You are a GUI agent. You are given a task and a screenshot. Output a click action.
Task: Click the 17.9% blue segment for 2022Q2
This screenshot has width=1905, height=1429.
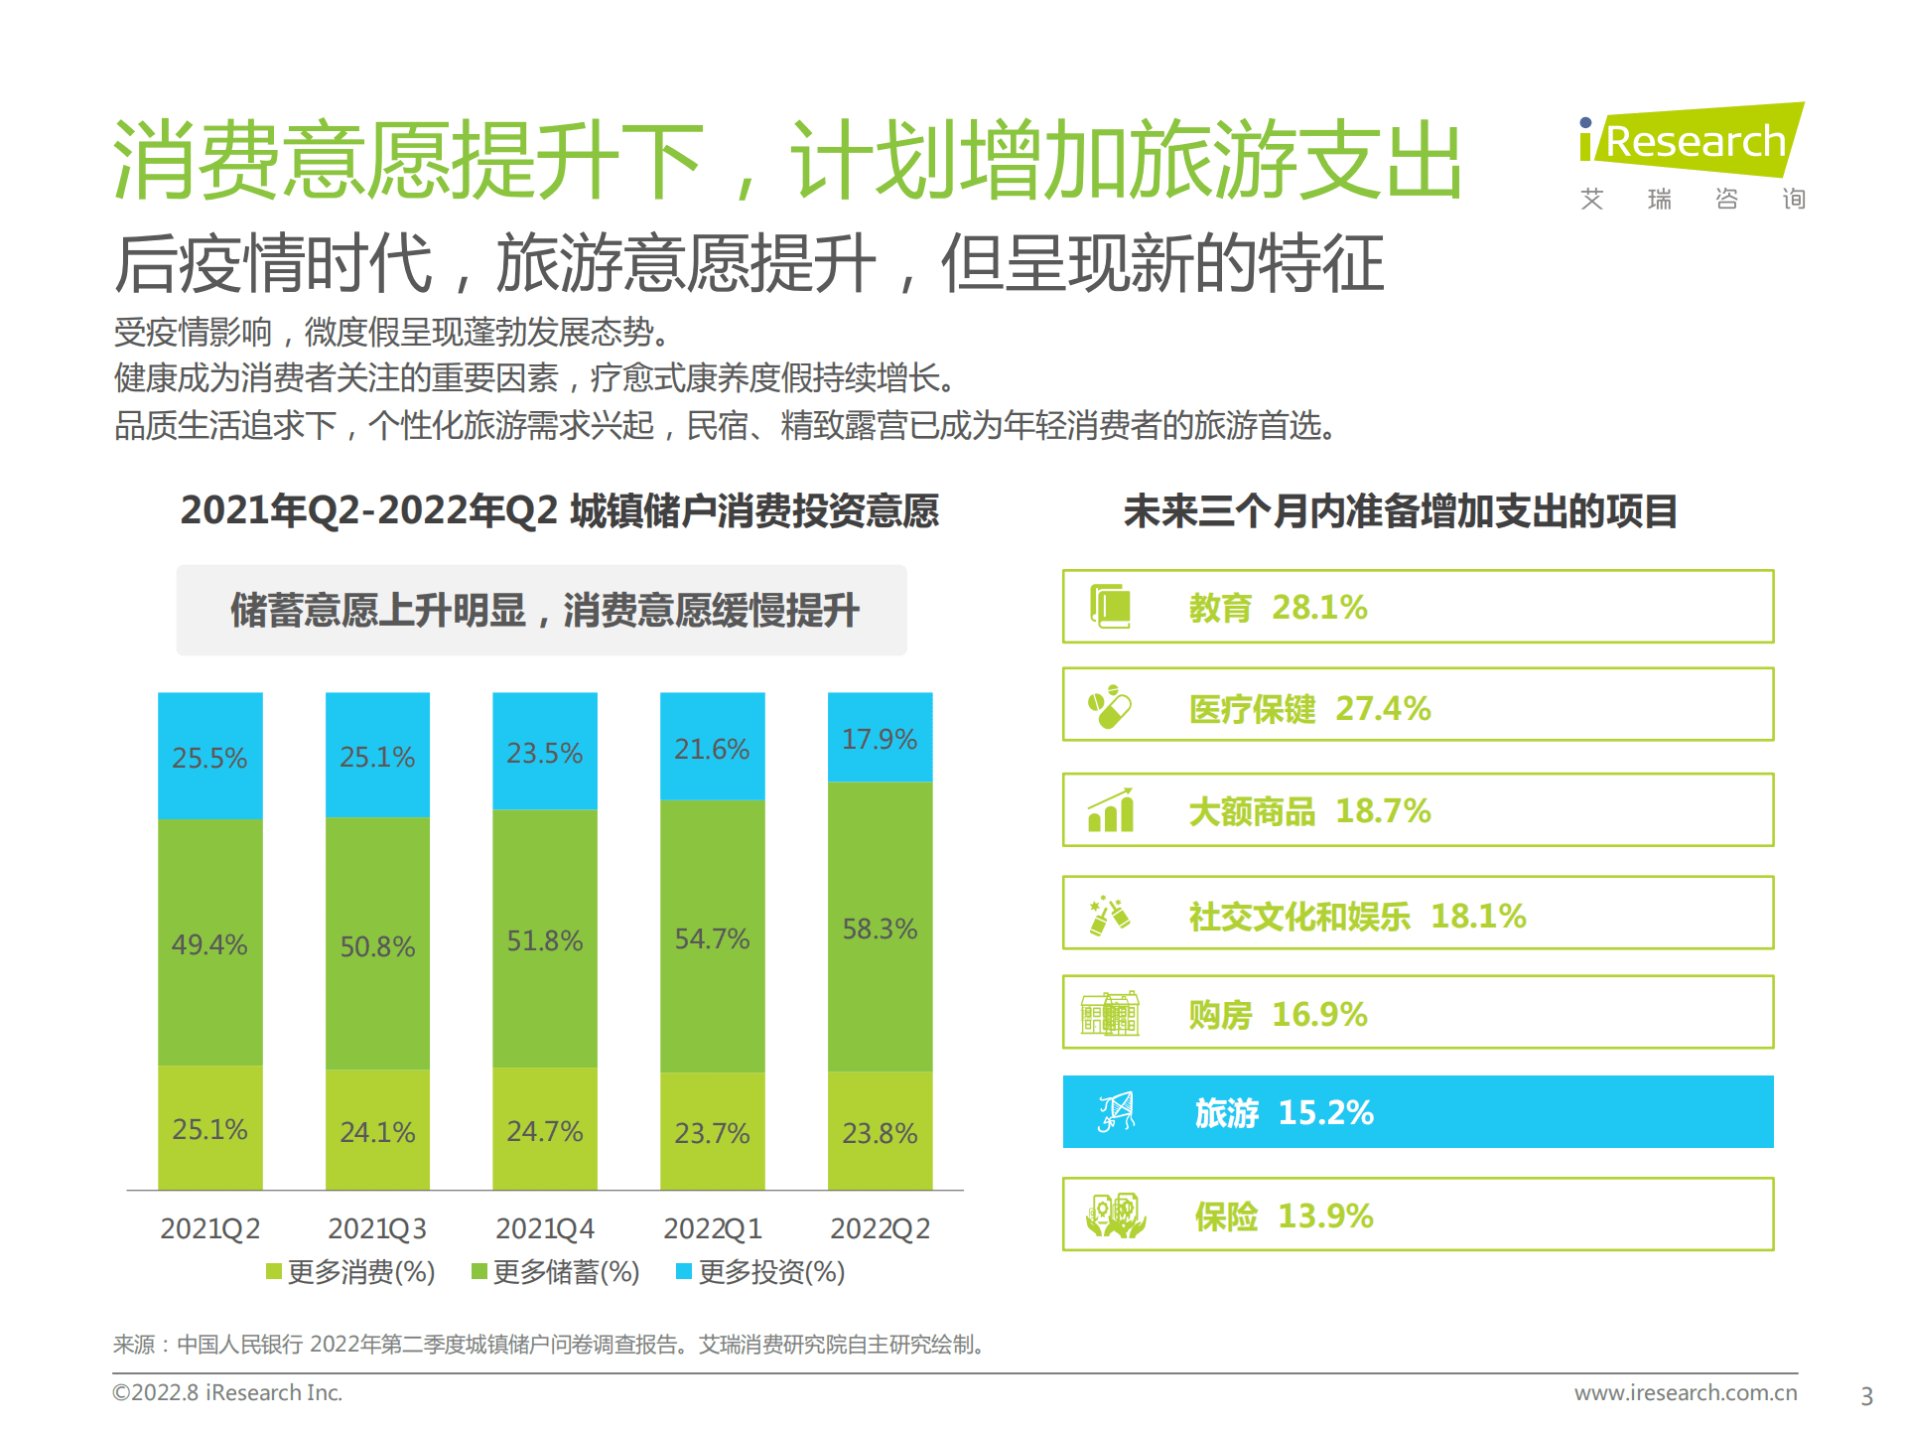tap(880, 738)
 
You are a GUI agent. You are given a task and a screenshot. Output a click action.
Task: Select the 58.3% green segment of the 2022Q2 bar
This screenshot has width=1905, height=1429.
tap(880, 928)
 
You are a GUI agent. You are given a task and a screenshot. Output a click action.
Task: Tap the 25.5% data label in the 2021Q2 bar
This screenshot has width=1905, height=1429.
tap(209, 758)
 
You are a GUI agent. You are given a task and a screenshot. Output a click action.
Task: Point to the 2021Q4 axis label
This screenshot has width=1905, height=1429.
tap(544, 1228)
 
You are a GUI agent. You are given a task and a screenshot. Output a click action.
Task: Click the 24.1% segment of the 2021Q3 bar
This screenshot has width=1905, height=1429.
tap(377, 1131)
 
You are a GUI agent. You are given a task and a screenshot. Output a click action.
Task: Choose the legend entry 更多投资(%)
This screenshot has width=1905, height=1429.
tap(760, 1272)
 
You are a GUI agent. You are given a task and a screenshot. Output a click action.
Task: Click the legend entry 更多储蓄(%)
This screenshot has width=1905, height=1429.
tap(555, 1272)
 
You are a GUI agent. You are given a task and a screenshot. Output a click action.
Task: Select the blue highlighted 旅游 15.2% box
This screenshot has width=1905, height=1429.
tap(1418, 1112)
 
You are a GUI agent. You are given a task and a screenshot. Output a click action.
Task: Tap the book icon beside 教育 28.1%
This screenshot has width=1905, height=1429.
tap(1111, 606)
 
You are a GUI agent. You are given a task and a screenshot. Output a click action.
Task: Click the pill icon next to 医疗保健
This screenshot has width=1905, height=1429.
tap(1110, 707)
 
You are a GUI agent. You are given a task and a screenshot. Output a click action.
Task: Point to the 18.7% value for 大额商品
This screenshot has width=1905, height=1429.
tap(1383, 810)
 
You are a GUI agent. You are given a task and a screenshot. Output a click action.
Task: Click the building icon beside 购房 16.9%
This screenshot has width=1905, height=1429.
tap(1110, 1014)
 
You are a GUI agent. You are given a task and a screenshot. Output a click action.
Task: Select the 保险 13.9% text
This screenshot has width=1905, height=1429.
tap(1284, 1215)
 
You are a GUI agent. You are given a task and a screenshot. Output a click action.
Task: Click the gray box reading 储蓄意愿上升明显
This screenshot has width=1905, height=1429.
tap(542, 610)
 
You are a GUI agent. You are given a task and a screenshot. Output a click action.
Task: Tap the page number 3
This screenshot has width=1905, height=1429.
tap(1866, 1396)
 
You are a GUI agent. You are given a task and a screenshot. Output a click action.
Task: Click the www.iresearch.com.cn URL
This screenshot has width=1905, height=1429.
tap(1685, 1392)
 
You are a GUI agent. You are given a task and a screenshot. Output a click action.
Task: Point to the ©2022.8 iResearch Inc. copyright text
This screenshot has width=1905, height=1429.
tap(227, 1392)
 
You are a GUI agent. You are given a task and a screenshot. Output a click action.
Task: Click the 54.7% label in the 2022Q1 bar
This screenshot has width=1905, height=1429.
tap(712, 938)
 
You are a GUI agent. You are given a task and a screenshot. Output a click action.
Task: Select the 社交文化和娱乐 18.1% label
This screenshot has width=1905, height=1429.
tap(1357, 915)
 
